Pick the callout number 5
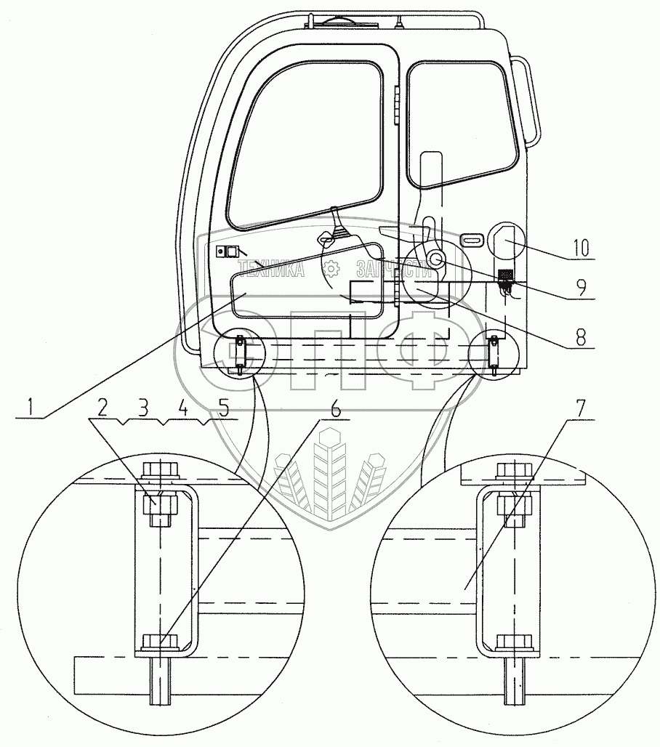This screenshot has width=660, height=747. pos(225,408)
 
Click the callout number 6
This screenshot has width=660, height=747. pos(334,409)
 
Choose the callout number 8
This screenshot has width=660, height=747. pos(579,336)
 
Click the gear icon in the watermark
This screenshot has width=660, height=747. pos(331,270)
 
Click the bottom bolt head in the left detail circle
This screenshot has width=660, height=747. pos(158,642)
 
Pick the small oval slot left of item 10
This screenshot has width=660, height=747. pos(471,239)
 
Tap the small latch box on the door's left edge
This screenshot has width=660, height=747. pos(227,251)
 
